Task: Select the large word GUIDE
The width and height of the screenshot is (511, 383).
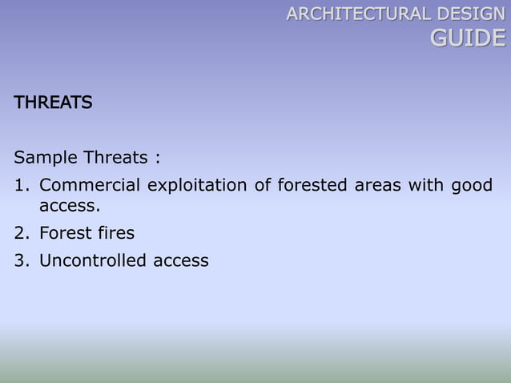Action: (468, 38)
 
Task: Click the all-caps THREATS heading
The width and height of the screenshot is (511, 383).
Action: (53, 103)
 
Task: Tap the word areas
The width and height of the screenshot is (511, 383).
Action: (377, 186)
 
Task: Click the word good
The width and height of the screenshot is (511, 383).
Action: (472, 187)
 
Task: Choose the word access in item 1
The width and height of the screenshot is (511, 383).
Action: (70, 207)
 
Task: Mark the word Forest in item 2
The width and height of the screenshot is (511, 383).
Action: (66, 233)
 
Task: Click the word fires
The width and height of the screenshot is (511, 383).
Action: (117, 233)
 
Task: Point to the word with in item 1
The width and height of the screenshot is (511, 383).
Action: (425, 186)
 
